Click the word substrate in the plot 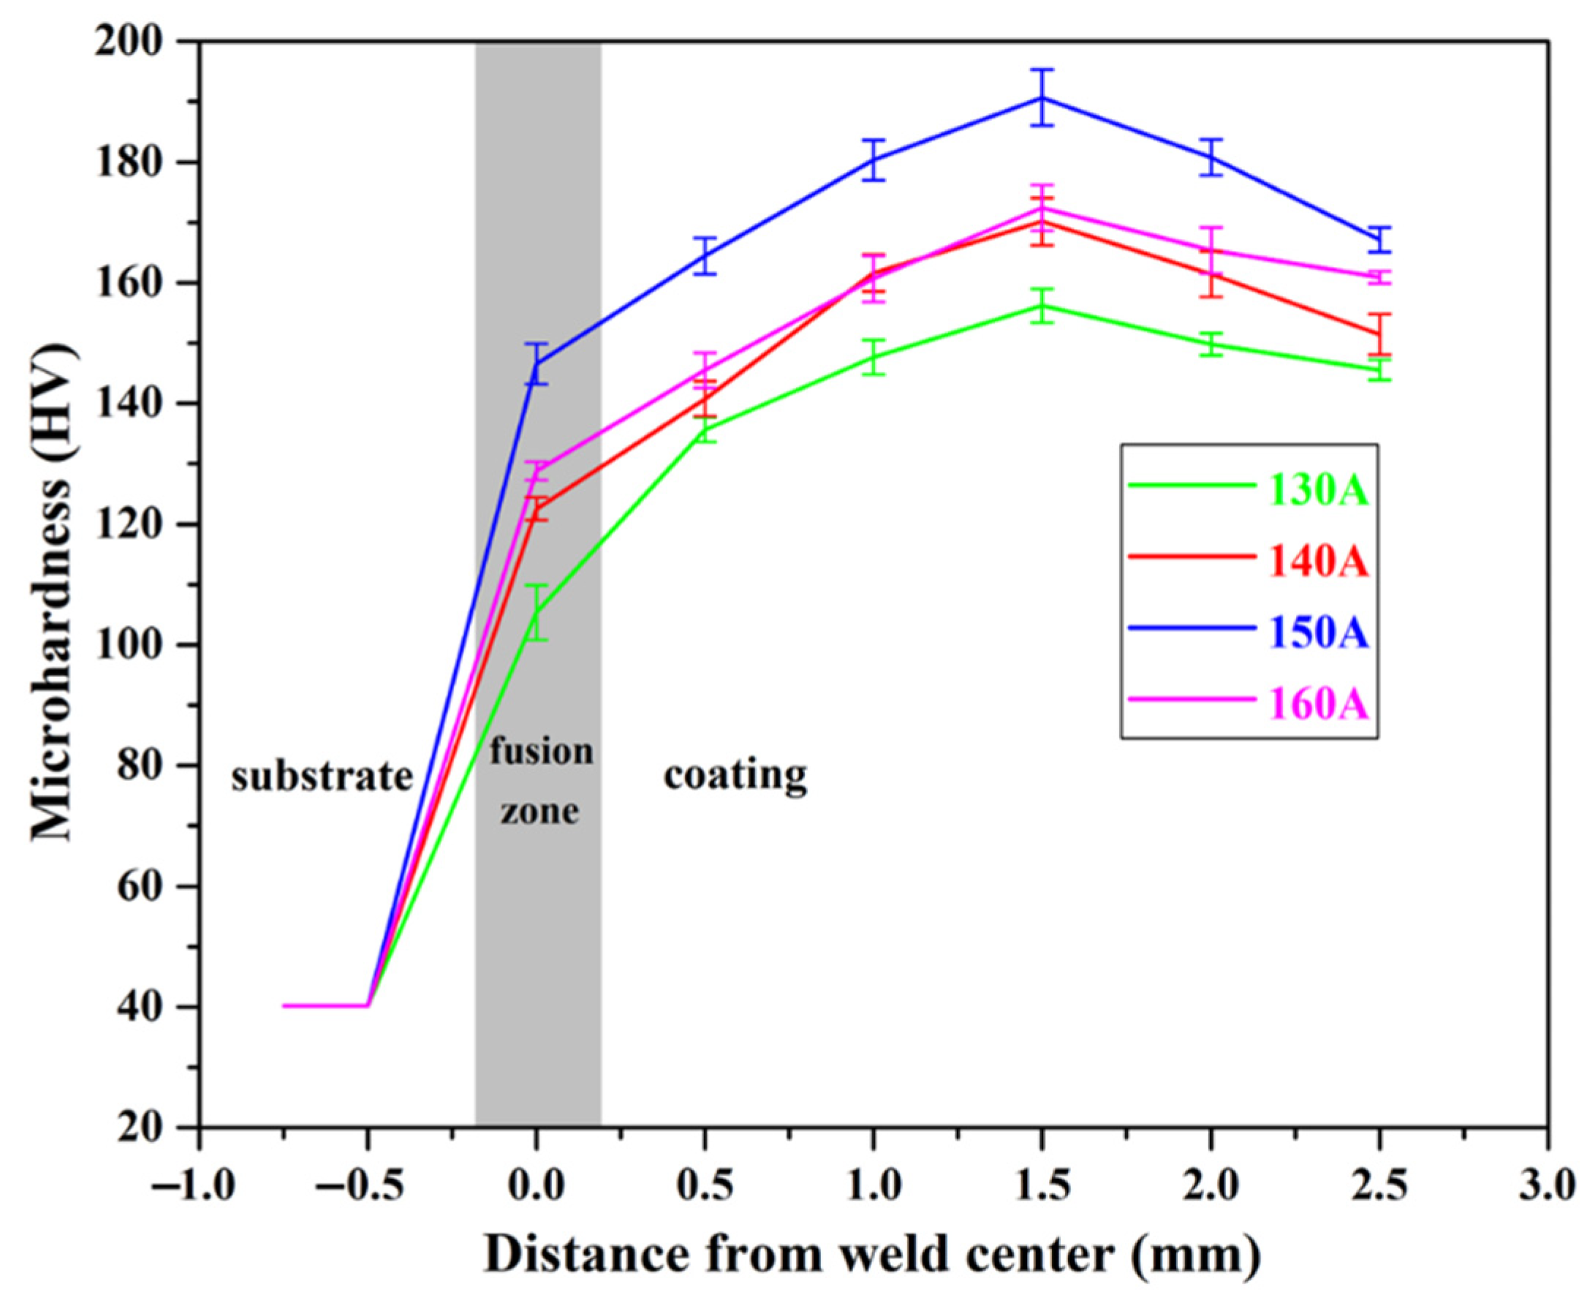[x=322, y=777]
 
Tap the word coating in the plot [x=735, y=775]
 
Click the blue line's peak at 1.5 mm [x=1042, y=98]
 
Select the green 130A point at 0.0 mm [x=536, y=613]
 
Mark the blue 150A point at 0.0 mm [x=536, y=363]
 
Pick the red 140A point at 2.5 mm [x=1379, y=333]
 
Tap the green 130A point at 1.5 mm [x=1042, y=305]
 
